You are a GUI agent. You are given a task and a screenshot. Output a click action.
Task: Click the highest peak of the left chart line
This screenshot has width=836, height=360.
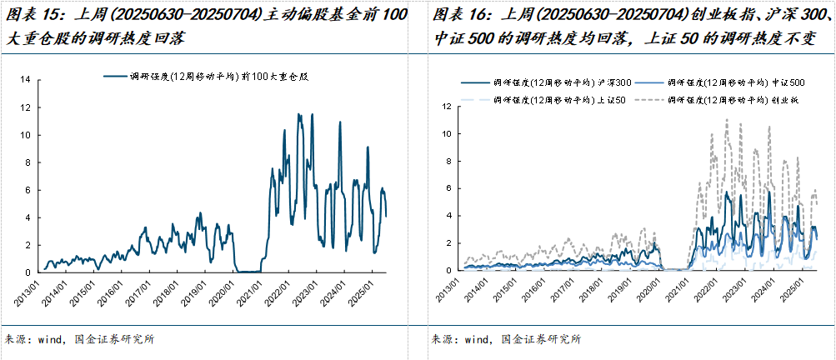tap(299, 114)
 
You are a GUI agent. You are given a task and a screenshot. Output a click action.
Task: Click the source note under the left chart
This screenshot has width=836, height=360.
tap(79, 339)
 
